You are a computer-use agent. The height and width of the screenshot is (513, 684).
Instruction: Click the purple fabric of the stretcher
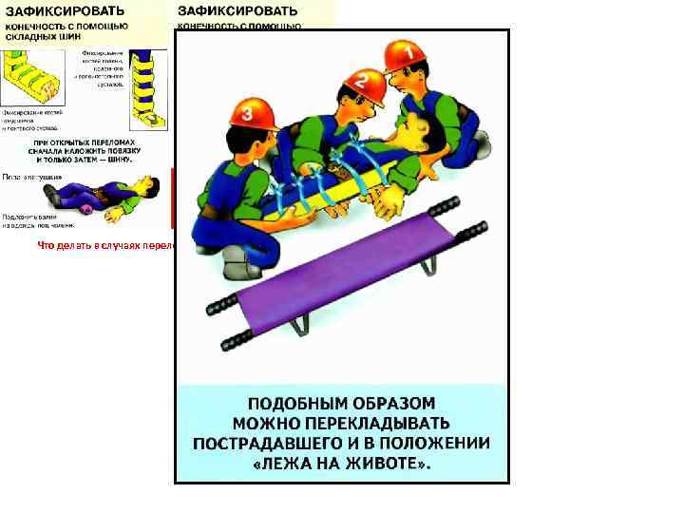(342, 280)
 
